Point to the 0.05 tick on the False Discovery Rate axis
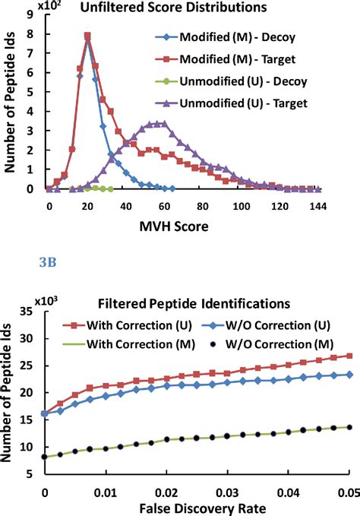(x=349, y=491)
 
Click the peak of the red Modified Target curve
(x=87, y=35)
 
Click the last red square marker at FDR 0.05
(x=349, y=355)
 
